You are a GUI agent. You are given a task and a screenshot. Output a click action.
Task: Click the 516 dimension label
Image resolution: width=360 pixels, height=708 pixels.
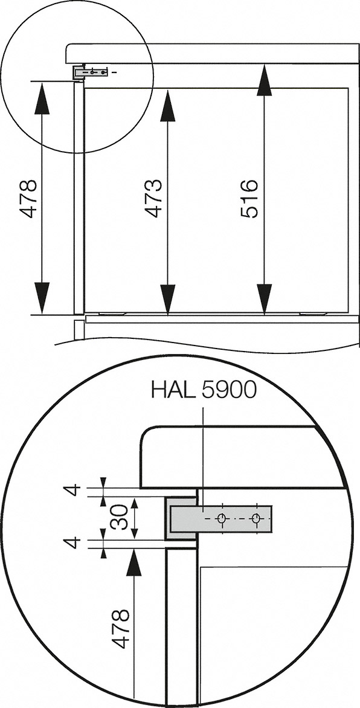(249, 198)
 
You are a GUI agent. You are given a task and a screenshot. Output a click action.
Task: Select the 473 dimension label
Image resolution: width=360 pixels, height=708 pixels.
(153, 198)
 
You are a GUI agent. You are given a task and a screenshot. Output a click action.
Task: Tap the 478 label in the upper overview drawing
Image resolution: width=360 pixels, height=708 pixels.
(28, 198)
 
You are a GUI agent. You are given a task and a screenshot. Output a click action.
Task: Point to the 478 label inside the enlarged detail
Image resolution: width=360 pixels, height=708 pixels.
(121, 629)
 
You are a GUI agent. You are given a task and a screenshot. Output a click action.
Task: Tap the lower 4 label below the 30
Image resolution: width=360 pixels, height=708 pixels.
(73, 542)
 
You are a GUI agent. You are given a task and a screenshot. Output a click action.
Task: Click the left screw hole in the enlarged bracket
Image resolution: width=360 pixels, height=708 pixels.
(222, 519)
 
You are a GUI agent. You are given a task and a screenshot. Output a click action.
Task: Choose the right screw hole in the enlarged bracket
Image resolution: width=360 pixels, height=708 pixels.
(257, 519)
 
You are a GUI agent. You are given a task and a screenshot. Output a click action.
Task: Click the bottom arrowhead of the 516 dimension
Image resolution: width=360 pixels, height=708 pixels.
(264, 299)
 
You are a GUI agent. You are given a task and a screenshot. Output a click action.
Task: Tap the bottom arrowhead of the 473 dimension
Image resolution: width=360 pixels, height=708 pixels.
(167, 299)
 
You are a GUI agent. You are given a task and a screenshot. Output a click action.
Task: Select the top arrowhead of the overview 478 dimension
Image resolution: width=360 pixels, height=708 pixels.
(41, 98)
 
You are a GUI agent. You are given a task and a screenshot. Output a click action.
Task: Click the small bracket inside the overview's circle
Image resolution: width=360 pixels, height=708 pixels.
(91, 72)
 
